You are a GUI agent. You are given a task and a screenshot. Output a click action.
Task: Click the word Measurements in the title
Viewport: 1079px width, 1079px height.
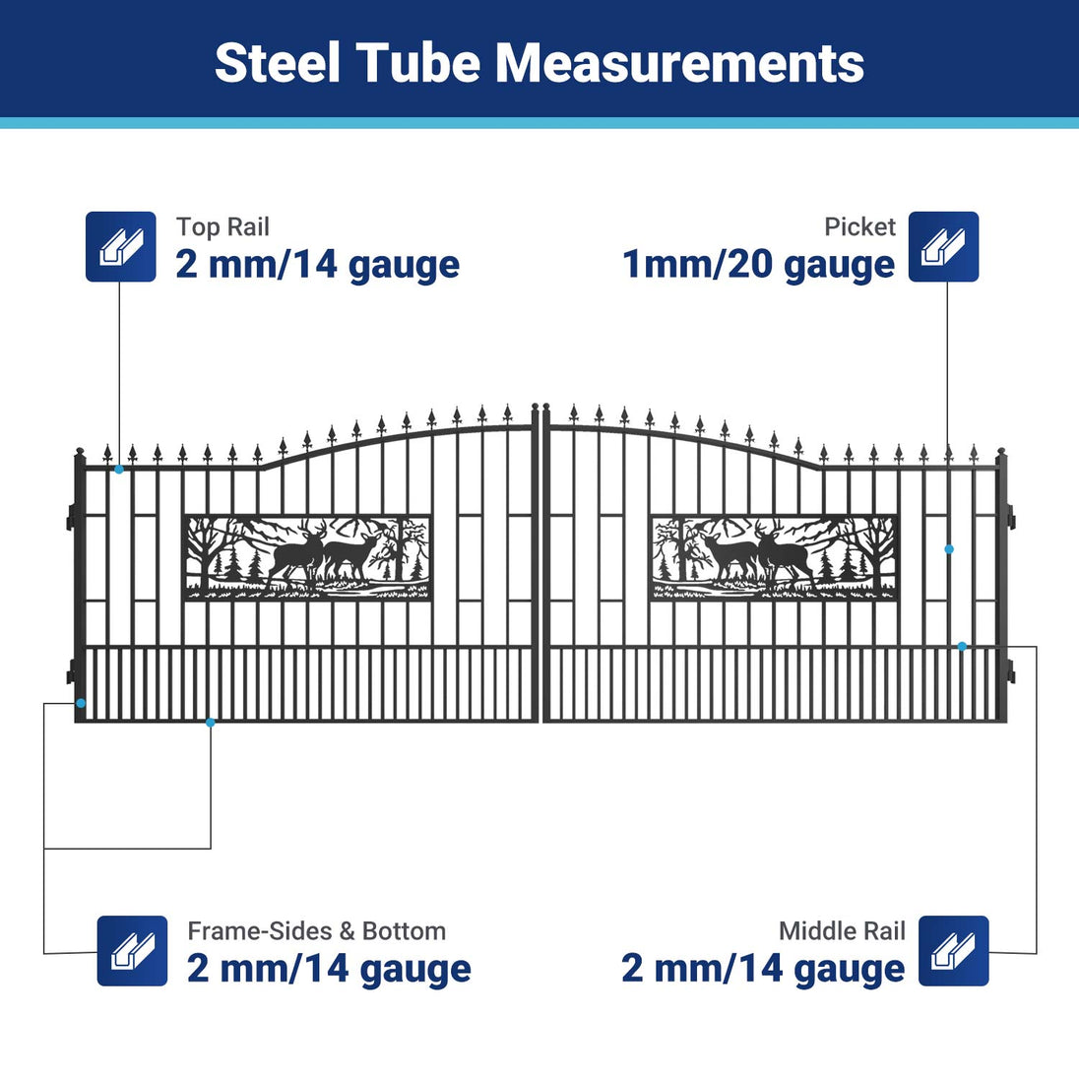click(x=680, y=63)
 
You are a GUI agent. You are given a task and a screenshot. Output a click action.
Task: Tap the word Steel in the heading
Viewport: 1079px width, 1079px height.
click(x=277, y=63)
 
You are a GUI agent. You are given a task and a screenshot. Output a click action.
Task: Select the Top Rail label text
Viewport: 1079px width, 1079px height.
click(x=222, y=227)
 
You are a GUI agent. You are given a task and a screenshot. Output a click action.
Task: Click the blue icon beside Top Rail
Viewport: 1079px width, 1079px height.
click(x=120, y=246)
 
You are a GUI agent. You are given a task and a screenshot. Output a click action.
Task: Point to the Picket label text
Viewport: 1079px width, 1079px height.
click(x=859, y=227)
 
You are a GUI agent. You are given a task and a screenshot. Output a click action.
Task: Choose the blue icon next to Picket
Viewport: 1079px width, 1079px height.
click(x=943, y=246)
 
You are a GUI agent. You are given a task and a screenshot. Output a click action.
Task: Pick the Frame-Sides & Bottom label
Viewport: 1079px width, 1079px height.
click(x=317, y=931)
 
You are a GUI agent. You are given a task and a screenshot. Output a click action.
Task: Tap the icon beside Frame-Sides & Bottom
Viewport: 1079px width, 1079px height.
click(x=132, y=950)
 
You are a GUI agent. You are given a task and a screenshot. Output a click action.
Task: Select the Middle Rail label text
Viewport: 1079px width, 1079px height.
click(x=842, y=931)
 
